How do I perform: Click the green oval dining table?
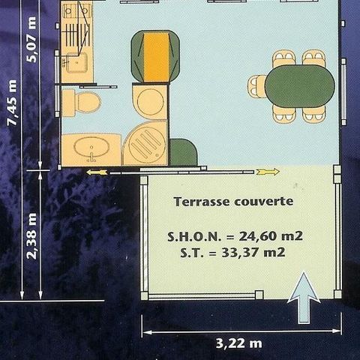click(x=299, y=86)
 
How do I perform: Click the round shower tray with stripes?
click(x=145, y=142)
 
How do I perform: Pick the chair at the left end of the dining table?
click(x=256, y=86)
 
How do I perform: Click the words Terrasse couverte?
click(x=233, y=202)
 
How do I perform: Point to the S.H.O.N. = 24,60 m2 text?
click(x=235, y=235)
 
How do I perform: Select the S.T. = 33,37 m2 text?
click(x=232, y=253)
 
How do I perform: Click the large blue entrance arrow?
click(x=304, y=298)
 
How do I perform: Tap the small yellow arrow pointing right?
click(x=268, y=172)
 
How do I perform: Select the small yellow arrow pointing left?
click(x=97, y=172)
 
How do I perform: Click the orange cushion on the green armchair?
click(x=155, y=56)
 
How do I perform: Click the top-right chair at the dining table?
click(x=313, y=58)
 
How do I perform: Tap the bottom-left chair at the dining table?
click(x=283, y=114)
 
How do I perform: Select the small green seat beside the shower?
click(x=182, y=153)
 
